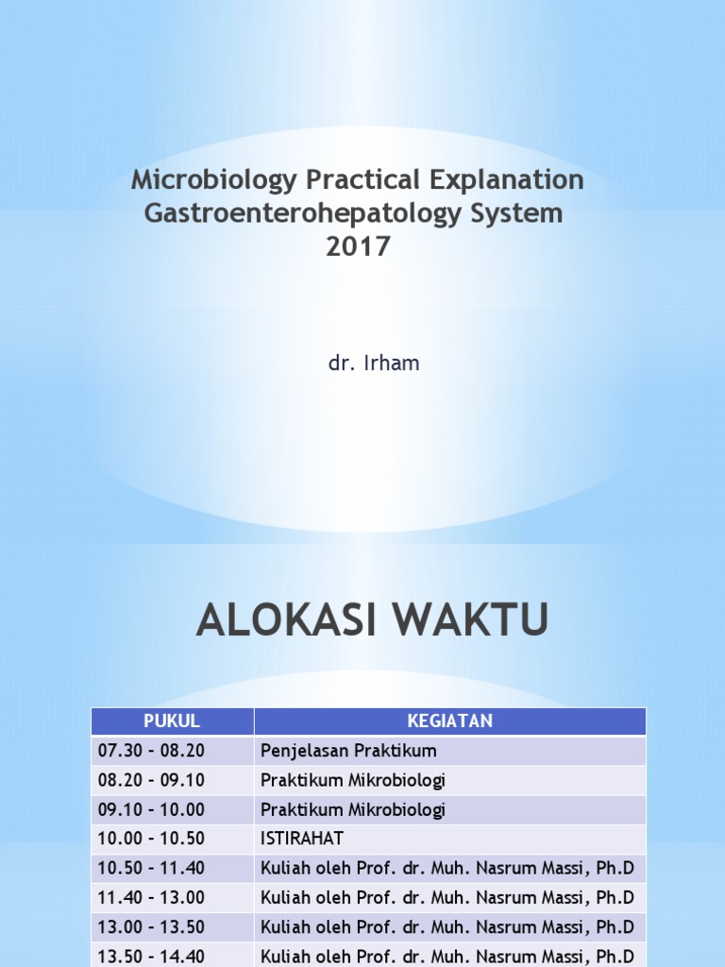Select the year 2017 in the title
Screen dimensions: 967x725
click(x=357, y=246)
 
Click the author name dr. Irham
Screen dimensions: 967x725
click(x=374, y=364)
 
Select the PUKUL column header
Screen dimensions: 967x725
click(x=172, y=721)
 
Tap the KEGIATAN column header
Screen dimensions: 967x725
click(x=449, y=721)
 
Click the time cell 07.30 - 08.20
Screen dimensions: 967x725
click(x=151, y=751)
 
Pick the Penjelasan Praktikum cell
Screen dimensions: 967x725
click(x=348, y=751)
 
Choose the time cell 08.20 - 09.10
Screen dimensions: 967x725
click(x=151, y=780)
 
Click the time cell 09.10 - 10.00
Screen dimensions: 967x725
click(x=151, y=809)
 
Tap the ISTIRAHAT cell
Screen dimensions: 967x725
click(x=302, y=839)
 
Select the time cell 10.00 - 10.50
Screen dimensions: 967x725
click(x=151, y=839)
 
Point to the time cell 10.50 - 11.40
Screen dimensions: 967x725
click(x=151, y=868)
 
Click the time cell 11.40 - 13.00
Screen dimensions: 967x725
click(x=151, y=897)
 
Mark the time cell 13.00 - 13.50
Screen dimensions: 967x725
click(x=151, y=926)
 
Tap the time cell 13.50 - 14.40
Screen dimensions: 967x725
click(x=151, y=955)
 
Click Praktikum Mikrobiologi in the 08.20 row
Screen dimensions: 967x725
click(x=352, y=780)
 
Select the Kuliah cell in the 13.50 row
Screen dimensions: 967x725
click(x=447, y=955)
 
